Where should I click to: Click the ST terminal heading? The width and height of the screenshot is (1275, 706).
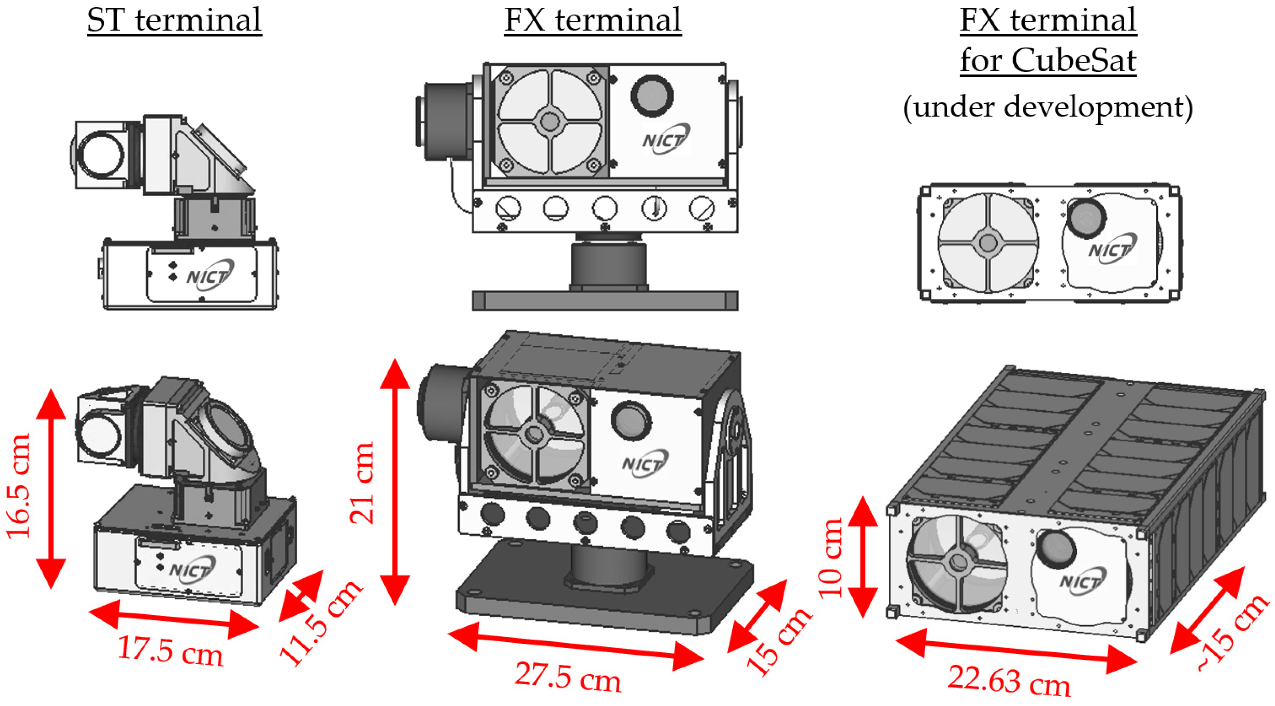click(x=174, y=21)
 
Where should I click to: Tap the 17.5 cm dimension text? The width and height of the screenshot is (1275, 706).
click(x=170, y=651)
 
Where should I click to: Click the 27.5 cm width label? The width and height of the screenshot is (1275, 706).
click(x=568, y=677)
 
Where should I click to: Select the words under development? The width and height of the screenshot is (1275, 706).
click(x=1048, y=107)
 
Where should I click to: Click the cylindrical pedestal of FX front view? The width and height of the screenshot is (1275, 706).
click(x=609, y=265)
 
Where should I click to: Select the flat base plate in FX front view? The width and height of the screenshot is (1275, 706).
click(x=605, y=300)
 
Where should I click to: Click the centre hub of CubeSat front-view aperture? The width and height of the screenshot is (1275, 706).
click(x=988, y=243)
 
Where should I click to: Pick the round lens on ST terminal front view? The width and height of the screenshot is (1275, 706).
click(x=102, y=154)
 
